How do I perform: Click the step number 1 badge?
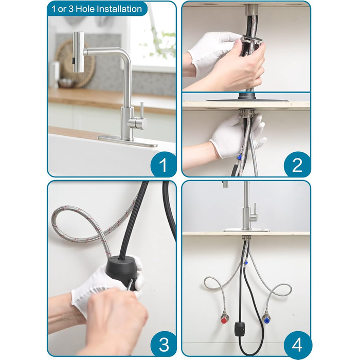coord(163,165)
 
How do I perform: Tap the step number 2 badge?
coord(297,165)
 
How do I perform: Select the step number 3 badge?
coord(163,344)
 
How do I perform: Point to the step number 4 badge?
coord(297,344)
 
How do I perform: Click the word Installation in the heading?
coord(119,9)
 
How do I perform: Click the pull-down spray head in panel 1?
coord(78,52)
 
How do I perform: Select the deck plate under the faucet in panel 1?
coord(127,141)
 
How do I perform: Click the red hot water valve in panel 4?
coord(224,319)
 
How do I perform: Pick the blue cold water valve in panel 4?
coord(266,319)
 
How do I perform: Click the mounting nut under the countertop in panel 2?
coord(247,114)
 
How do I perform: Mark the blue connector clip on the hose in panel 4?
coord(246,262)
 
